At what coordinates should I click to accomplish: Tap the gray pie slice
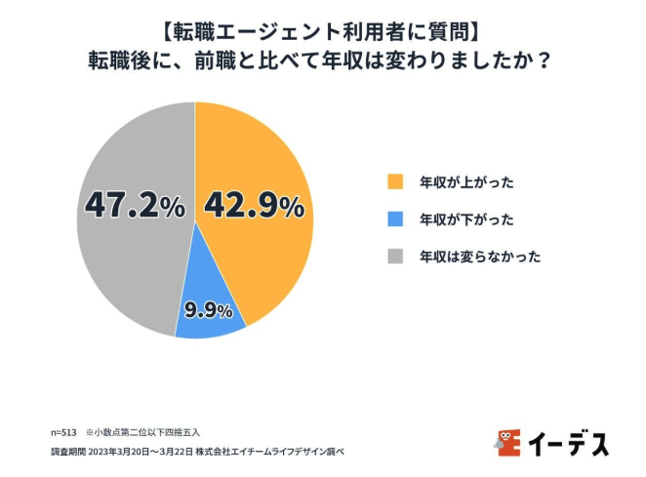coord(127,254)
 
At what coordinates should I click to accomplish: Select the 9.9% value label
coord(208,311)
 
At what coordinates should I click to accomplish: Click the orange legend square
coord(395,182)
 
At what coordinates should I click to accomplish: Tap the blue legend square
coord(395,219)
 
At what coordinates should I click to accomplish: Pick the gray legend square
coord(395,257)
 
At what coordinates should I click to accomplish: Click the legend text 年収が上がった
coord(465,182)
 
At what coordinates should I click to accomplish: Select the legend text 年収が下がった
coord(465,219)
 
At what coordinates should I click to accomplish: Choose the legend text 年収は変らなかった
coord(479,257)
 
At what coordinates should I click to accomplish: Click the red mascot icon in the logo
coord(507,442)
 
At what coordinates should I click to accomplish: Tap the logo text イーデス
coord(568,443)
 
